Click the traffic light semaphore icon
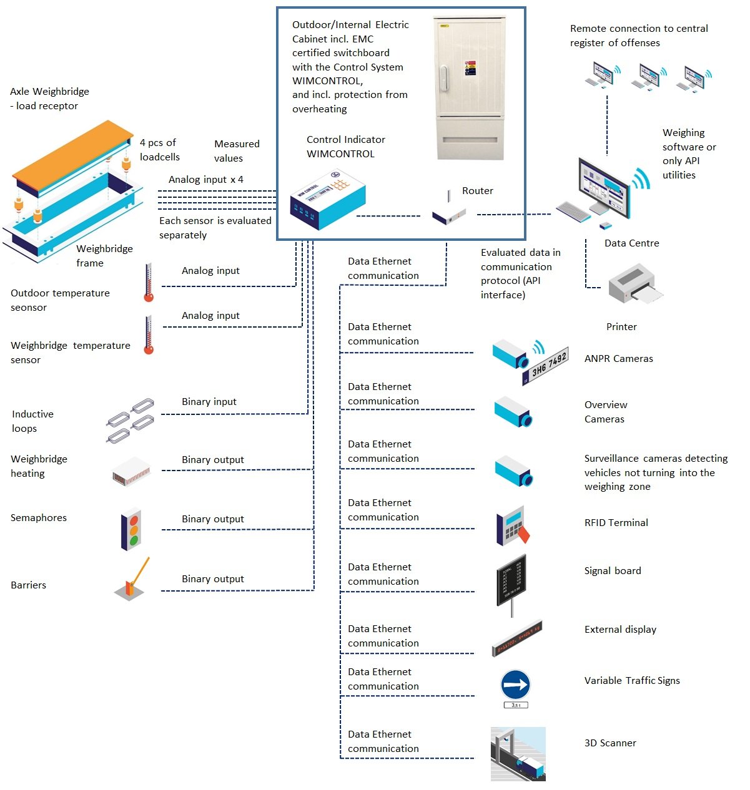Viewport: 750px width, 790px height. (x=131, y=530)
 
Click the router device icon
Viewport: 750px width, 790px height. (x=449, y=214)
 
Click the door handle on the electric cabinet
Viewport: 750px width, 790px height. (x=443, y=77)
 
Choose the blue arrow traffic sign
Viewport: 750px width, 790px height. (x=515, y=685)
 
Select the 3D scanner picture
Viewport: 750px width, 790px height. (x=518, y=754)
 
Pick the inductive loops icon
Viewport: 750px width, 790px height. (x=130, y=420)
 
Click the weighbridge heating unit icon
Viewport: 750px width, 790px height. (x=132, y=471)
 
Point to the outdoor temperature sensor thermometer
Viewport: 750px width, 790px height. (x=149, y=283)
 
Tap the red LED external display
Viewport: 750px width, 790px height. (x=517, y=638)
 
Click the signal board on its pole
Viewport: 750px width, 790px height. (x=511, y=580)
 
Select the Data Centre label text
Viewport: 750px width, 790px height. (x=631, y=243)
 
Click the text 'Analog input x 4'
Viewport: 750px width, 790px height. (x=205, y=180)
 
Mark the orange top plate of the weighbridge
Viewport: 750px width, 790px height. (x=72, y=150)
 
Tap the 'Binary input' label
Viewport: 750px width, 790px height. (x=209, y=402)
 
